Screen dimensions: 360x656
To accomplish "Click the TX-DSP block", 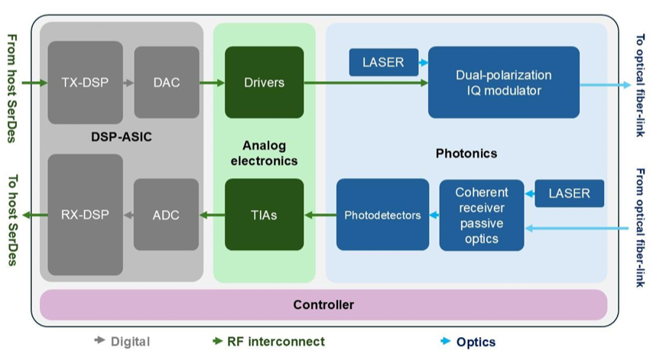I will [x=85, y=83].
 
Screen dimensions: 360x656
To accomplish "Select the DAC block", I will [x=167, y=83].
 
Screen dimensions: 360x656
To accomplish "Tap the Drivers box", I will [x=264, y=83].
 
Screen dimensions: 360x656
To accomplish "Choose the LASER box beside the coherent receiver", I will [x=569, y=193].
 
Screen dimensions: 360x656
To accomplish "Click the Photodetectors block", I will [x=382, y=215].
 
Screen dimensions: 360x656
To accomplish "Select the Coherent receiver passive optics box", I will [x=482, y=216].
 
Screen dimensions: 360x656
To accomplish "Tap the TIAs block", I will [x=264, y=215].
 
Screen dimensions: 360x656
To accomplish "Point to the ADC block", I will [x=167, y=215].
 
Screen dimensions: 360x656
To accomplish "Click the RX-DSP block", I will [x=85, y=215].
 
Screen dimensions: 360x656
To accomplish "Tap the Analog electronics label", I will [x=263, y=153].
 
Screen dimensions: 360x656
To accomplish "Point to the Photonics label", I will [x=466, y=154].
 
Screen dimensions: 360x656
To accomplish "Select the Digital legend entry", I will [x=122, y=342].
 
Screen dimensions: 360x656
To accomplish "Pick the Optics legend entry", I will [x=468, y=342].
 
